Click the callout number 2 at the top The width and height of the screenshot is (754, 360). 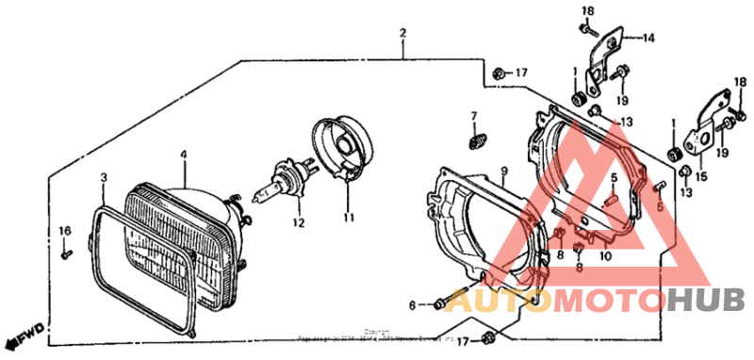click(x=402, y=34)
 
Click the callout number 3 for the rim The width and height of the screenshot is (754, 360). click(x=104, y=177)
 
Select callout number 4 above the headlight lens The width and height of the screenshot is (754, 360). click(x=184, y=155)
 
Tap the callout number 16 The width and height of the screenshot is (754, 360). click(x=65, y=231)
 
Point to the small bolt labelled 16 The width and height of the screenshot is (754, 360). click(x=65, y=254)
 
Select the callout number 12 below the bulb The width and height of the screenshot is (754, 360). click(x=298, y=223)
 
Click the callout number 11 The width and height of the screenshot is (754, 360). click(x=348, y=218)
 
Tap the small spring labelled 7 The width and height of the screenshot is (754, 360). click(x=476, y=141)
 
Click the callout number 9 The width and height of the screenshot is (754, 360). click(x=504, y=172)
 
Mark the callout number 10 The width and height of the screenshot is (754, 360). click(x=605, y=255)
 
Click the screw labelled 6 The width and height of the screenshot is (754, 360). click(x=442, y=303)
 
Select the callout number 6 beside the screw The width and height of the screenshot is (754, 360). click(x=412, y=304)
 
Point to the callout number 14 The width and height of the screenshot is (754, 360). click(x=648, y=39)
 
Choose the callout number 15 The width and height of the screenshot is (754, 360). click(x=699, y=176)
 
